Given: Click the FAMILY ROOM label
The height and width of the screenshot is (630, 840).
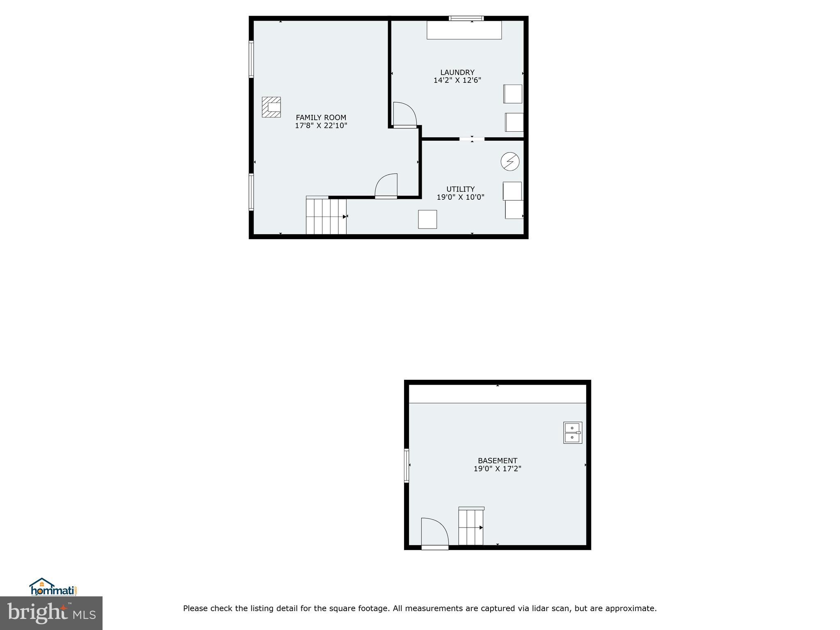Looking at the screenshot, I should [x=321, y=118].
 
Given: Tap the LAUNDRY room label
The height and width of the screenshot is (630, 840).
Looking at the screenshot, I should [x=457, y=73].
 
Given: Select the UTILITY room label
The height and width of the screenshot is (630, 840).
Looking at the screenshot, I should [x=460, y=189].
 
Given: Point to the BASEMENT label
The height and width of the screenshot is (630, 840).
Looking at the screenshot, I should [x=498, y=461].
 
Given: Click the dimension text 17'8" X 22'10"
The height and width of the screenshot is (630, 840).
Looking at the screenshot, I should [x=321, y=126].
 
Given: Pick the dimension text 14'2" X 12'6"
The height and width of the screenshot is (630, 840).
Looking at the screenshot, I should [x=457, y=80].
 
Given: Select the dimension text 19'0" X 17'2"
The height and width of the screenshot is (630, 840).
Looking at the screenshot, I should [x=498, y=468].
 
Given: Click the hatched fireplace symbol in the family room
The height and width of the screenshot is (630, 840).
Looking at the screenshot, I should [x=272, y=107].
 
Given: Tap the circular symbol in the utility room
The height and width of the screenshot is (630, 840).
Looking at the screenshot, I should [x=510, y=162].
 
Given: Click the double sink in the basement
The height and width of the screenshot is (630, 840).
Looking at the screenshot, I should [x=573, y=433].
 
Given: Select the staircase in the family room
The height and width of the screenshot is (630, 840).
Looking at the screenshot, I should [x=326, y=216].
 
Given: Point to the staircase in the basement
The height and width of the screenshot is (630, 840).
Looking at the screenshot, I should [x=471, y=527].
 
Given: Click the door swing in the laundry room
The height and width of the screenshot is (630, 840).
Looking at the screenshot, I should [x=404, y=114].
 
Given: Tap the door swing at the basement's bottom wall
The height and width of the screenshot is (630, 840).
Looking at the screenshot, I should [x=434, y=532].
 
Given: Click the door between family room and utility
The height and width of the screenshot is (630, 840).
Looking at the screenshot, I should [x=386, y=186].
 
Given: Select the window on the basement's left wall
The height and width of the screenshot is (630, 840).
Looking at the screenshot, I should [x=406, y=465].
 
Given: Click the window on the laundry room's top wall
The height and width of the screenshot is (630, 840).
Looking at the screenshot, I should [x=466, y=18].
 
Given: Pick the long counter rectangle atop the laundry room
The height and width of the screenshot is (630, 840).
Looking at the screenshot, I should [x=464, y=30].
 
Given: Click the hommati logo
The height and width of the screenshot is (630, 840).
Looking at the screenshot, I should [x=53, y=587].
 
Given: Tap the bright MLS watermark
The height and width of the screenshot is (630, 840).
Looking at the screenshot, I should [x=51, y=613].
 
